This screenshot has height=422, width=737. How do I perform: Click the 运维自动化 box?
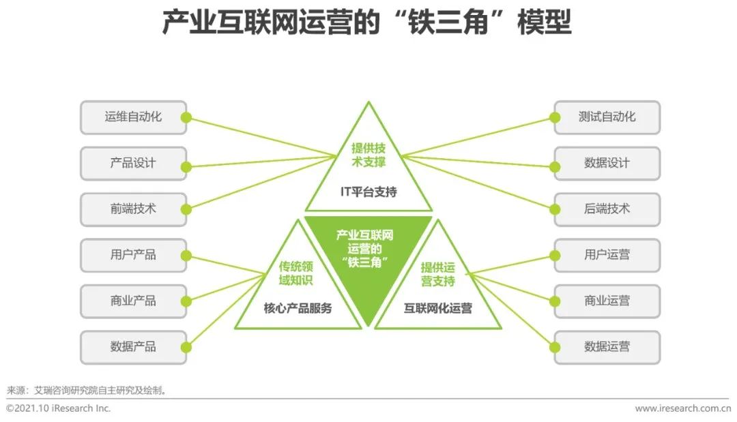coord(134,117)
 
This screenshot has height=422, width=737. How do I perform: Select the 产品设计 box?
coord(134,164)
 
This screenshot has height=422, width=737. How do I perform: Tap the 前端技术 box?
coord(134,209)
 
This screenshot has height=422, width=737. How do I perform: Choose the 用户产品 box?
coord(134,256)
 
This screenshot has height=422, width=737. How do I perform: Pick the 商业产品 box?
coord(134,301)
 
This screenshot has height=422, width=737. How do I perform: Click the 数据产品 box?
coord(134,348)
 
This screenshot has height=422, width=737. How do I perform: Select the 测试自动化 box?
coord(607,117)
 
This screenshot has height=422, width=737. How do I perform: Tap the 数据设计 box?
coord(607,164)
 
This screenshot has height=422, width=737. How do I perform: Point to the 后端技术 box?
coord(607,209)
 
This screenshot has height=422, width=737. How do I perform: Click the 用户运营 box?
coord(607,256)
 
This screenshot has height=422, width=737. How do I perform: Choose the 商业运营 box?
coord(607,301)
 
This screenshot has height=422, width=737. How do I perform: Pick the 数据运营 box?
coord(607,348)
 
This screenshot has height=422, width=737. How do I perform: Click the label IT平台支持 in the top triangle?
coord(369,192)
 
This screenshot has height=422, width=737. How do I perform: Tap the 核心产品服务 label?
coord(298,308)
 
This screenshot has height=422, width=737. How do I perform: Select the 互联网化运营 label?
coord(437,308)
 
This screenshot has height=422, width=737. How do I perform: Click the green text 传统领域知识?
coord(295,273)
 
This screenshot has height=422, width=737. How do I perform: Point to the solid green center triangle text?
coord(364,249)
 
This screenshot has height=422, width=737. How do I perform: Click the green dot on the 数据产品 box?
coord(186,348)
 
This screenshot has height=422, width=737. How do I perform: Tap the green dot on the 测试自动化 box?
coord(555,117)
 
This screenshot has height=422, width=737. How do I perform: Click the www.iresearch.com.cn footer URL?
coord(683,408)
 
